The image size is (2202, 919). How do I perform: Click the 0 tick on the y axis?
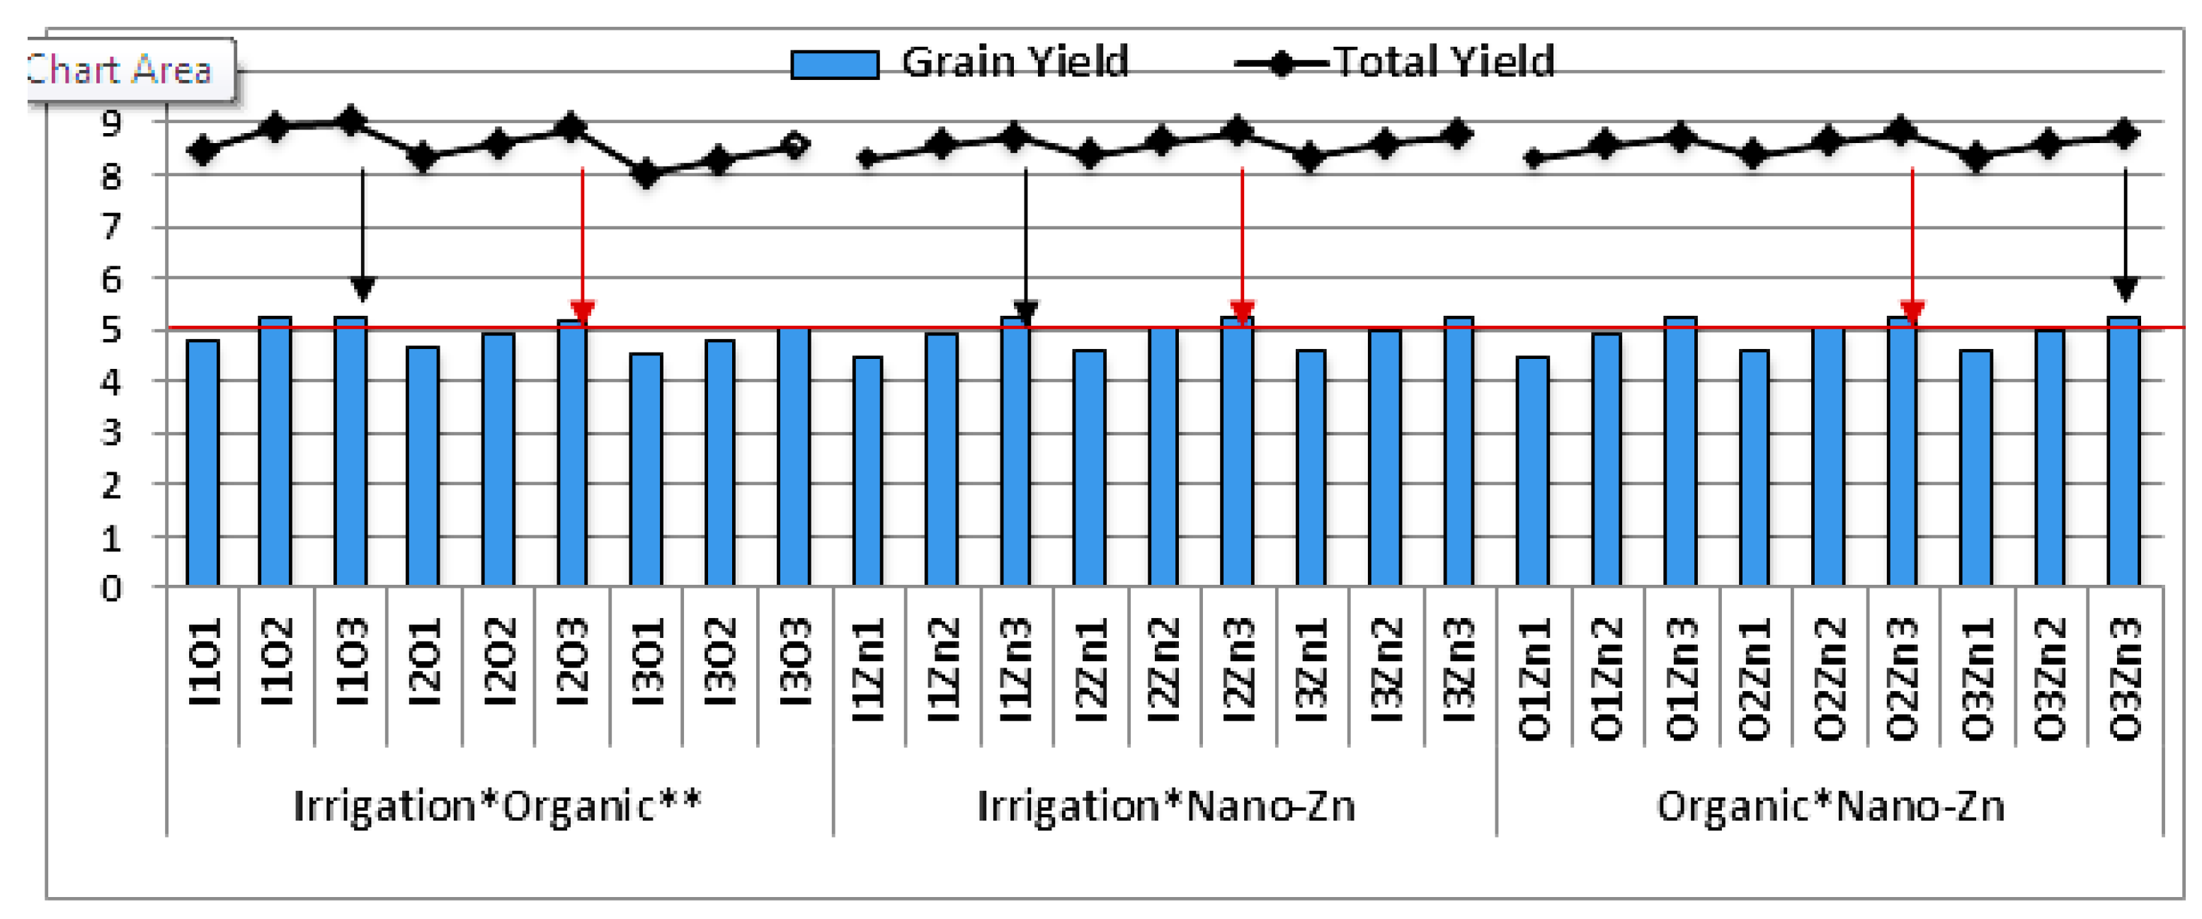pyautogui.click(x=112, y=589)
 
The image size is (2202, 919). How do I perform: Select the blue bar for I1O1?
pyautogui.click(x=202, y=462)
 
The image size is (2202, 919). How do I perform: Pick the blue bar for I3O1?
pyautogui.click(x=646, y=469)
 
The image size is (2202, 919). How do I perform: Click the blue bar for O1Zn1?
pyautogui.click(x=1533, y=471)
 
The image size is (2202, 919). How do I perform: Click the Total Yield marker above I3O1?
pyautogui.click(x=647, y=173)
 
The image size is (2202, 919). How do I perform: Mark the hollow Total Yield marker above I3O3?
pyautogui.click(x=795, y=145)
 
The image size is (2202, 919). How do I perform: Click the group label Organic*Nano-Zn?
pyautogui.click(x=1830, y=806)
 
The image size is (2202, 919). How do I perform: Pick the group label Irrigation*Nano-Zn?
pyautogui.click(x=1165, y=806)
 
